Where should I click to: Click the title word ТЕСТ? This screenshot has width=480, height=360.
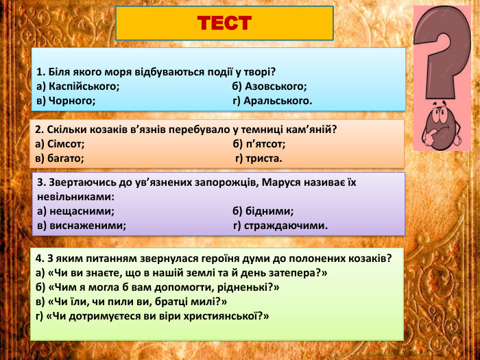coord(224,23)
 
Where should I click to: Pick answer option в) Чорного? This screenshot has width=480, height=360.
coord(66,101)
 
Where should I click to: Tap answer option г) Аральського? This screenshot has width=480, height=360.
coord(272,101)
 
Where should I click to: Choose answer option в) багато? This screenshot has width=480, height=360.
coord(60,158)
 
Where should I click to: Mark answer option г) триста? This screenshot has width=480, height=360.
coord(259,158)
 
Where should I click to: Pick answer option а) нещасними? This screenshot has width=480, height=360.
coord(75,211)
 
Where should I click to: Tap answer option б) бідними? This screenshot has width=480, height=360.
coord(263,211)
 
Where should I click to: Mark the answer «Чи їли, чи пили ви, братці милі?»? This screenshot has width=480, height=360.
coord(131,301)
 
